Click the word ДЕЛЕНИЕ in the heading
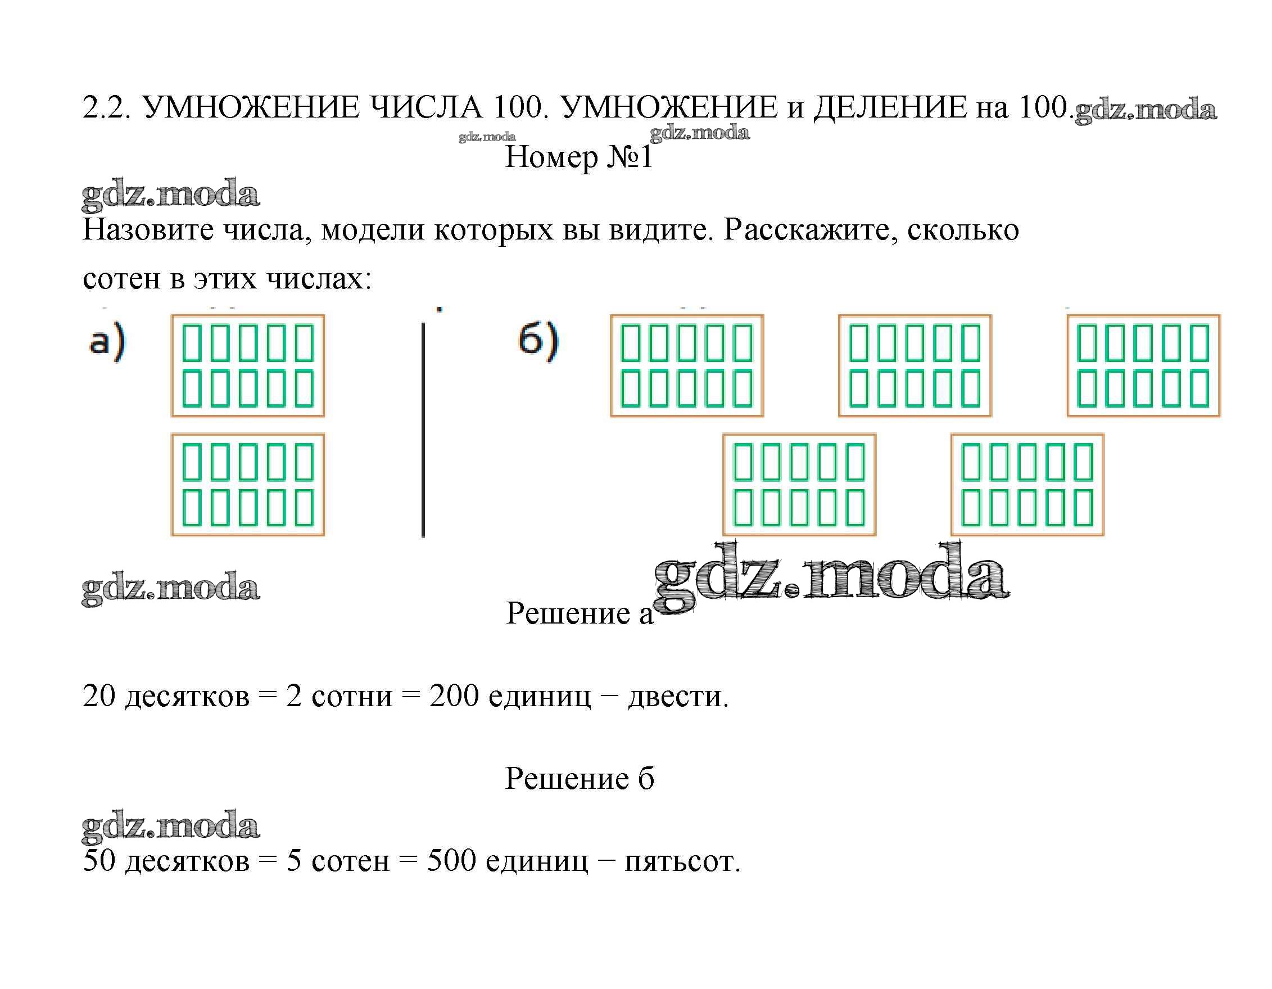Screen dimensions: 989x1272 (x=889, y=108)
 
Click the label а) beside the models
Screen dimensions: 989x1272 (x=107, y=342)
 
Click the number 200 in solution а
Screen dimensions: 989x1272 (x=454, y=696)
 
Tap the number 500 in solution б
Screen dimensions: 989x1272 (x=451, y=861)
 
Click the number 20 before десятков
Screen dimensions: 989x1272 (x=99, y=696)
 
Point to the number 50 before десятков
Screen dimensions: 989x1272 (x=99, y=861)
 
